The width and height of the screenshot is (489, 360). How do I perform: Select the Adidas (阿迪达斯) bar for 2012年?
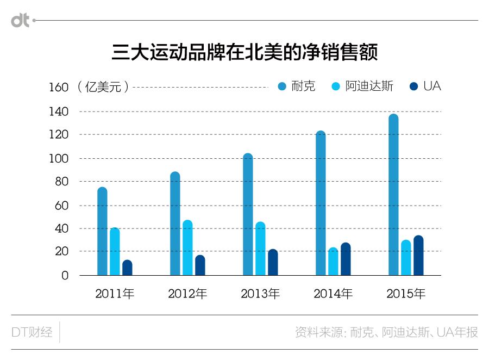[x=187, y=247]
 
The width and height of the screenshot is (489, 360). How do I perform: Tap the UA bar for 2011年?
[x=127, y=268]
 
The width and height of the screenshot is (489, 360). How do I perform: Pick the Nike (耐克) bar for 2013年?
[x=248, y=214]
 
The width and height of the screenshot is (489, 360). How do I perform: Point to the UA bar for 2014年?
[x=346, y=259]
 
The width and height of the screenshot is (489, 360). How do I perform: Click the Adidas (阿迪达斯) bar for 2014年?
[x=333, y=262]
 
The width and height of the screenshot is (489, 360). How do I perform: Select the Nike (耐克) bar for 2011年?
[x=102, y=231]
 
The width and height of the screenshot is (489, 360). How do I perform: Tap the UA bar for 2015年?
[x=418, y=255]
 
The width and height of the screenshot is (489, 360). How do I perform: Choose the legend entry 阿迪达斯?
[x=362, y=86]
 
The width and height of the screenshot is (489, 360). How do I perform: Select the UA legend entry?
[x=425, y=86]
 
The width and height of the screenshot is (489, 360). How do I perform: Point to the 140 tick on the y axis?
[x=61, y=111]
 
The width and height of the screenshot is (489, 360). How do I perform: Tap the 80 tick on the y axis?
[x=62, y=182]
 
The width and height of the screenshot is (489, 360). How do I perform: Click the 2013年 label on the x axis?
[x=260, y=294]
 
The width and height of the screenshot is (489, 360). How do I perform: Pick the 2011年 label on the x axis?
[x=115, y=294]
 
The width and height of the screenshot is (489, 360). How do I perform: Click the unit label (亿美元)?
[x=103, y=86]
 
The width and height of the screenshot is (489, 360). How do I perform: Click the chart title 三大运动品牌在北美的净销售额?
[x=244, y=53]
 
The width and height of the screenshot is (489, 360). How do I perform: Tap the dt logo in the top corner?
[x=21, y=21]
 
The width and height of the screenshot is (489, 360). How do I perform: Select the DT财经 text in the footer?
[x=32, y=332]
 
